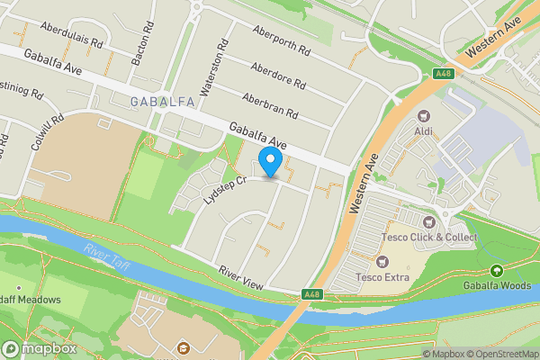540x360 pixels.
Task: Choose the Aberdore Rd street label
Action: (x=279, y=74)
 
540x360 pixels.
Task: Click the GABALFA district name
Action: (x=163, y=102)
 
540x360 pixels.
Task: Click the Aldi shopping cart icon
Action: (x=423, y=116)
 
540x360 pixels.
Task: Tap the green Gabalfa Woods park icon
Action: (x=496, y=270)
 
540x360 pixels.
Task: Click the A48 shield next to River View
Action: (x=312, y=294)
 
